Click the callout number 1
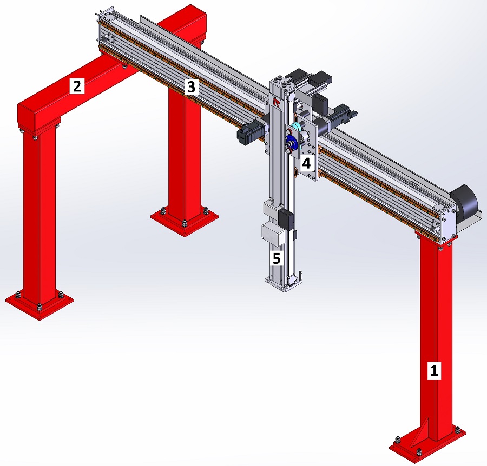click(x=434, y=370)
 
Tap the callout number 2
click(x=77, y=86)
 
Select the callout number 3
click(x=192, y=87)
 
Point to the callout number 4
click(x=307, y=163)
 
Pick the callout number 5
click(x=277, y=258)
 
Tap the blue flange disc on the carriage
click(x=291, y=142)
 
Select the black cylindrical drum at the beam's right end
click(x=465, y=203)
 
